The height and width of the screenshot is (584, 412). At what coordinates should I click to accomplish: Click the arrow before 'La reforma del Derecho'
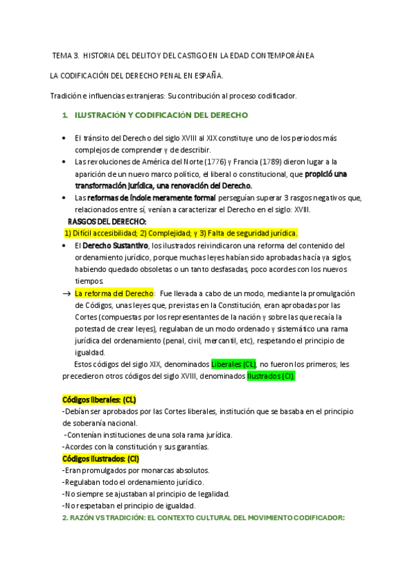tap(67, 293)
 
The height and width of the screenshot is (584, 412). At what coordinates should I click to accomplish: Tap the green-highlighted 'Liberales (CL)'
tap(234, 364)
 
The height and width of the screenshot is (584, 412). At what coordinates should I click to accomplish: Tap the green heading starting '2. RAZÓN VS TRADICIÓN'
tap(203, 518)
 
